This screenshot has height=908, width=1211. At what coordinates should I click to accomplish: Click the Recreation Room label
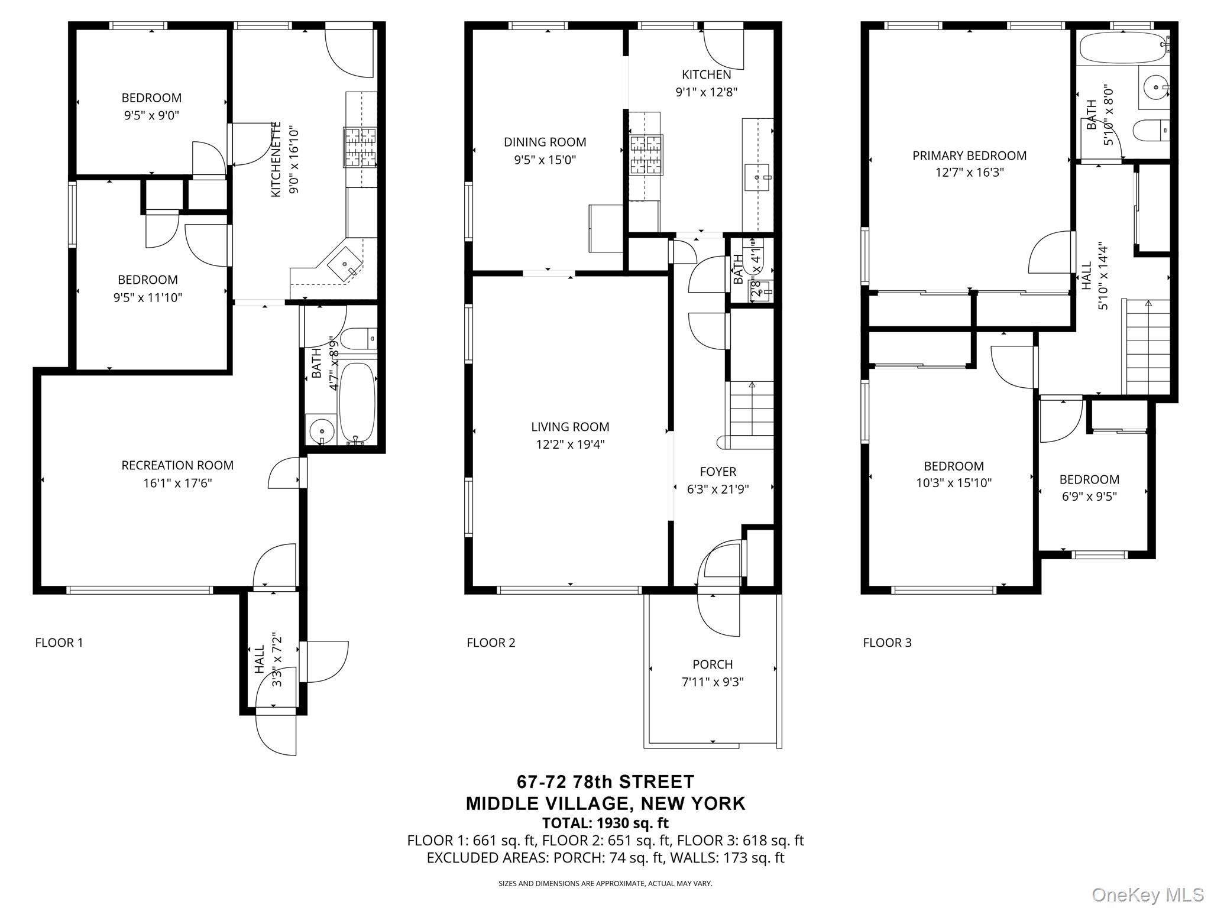177,465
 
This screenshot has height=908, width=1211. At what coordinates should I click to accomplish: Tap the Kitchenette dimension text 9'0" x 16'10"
294,160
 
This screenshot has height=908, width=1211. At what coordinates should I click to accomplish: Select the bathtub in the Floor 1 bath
357,402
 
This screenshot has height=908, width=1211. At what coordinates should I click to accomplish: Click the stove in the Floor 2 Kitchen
646,155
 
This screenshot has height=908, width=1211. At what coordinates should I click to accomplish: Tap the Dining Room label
545,142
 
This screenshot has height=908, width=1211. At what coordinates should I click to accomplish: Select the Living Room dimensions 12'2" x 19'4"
570,445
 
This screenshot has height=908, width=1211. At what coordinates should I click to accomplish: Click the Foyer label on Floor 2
718,472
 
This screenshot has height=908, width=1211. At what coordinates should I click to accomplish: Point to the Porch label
713,664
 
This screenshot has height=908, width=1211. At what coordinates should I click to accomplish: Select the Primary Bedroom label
969,155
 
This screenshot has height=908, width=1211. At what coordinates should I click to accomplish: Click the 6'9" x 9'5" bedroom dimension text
1089,497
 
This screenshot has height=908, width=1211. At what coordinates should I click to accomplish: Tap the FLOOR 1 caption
59,643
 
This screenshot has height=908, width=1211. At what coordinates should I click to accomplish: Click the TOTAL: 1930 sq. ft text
605,823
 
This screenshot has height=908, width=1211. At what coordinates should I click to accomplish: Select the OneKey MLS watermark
1148,894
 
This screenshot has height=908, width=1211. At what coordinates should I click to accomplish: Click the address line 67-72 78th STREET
605,782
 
